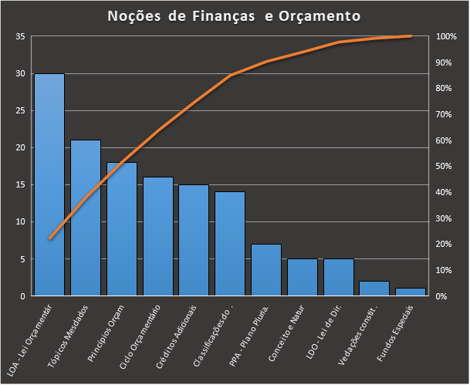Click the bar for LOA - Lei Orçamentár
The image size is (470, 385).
[x=49, y=185]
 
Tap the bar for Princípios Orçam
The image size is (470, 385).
[x=122, y=229]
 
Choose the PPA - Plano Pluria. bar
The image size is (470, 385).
[x=266, y=270]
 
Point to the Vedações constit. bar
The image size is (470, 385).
[x=375, y=289]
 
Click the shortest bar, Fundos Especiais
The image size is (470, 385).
[x=411, y=292]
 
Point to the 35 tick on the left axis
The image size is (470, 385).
[x=19, y=37]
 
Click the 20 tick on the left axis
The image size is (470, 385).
[x=19, y=148]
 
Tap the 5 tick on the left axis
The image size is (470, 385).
[x=22, y=259]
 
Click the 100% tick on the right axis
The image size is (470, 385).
[x=447, y=37]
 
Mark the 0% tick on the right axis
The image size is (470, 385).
[x=442, y=296]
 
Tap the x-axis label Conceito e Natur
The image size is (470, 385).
[x=287, y=337]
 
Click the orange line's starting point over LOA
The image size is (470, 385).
[x=49, y=238]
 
